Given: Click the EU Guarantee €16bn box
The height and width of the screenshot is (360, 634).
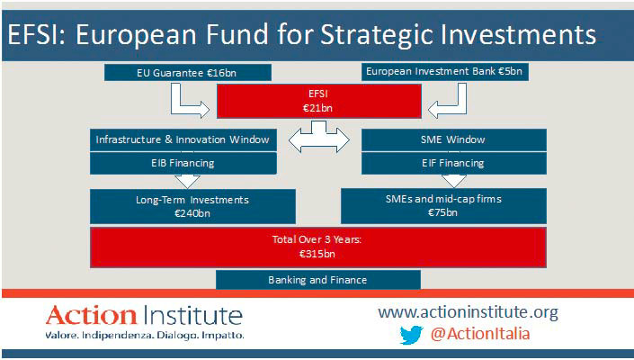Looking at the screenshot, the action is (188, 73).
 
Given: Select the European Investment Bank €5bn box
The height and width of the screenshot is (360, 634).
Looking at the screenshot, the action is (445, 72).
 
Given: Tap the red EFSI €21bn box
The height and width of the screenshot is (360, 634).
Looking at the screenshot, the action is (319, 101).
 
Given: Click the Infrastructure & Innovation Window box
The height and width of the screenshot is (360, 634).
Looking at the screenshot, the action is (183, 140).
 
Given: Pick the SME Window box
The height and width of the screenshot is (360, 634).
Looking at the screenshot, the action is (453, 140).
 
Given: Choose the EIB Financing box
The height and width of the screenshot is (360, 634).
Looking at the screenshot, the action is (183, 164).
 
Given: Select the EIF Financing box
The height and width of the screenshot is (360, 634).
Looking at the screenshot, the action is (453, 164).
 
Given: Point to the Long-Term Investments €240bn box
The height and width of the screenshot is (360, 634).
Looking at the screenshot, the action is (192, 206).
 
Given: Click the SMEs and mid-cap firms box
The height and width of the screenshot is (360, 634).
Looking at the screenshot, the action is (443, 206).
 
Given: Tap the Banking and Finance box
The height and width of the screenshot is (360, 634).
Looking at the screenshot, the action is (318, 280).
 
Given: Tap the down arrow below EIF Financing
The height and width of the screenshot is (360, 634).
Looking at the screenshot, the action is (453, 181).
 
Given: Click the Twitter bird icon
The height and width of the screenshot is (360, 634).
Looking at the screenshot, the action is (412, 335).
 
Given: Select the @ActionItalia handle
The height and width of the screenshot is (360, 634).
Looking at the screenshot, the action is (480, 334).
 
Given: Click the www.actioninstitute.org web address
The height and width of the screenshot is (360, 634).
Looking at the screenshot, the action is (469, 312).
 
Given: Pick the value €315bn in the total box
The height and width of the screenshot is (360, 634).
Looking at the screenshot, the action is (317, 254).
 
